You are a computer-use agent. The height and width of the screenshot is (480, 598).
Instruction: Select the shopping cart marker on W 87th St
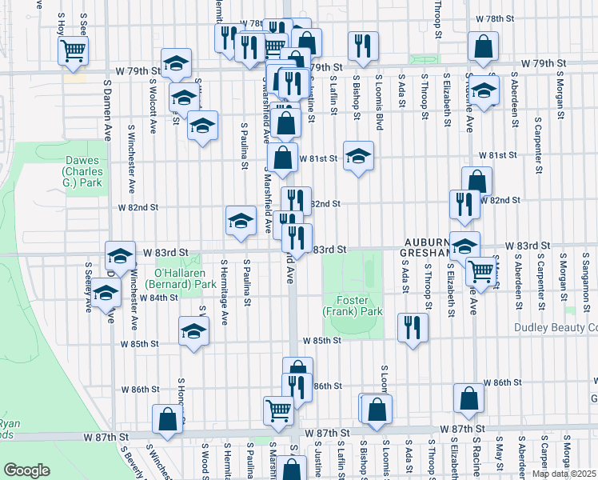[x=278, y=410]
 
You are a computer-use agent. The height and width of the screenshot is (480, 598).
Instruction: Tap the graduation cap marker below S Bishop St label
[x=358, y=155]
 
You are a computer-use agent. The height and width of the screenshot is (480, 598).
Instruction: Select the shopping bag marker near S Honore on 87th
[x=167, y=419]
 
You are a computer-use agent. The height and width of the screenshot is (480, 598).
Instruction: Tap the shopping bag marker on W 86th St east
[x=468, y=398]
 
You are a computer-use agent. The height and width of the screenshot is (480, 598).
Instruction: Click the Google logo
[x=26, y=470]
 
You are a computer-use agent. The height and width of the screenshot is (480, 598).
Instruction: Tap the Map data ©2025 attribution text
[x=564, y=474]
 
